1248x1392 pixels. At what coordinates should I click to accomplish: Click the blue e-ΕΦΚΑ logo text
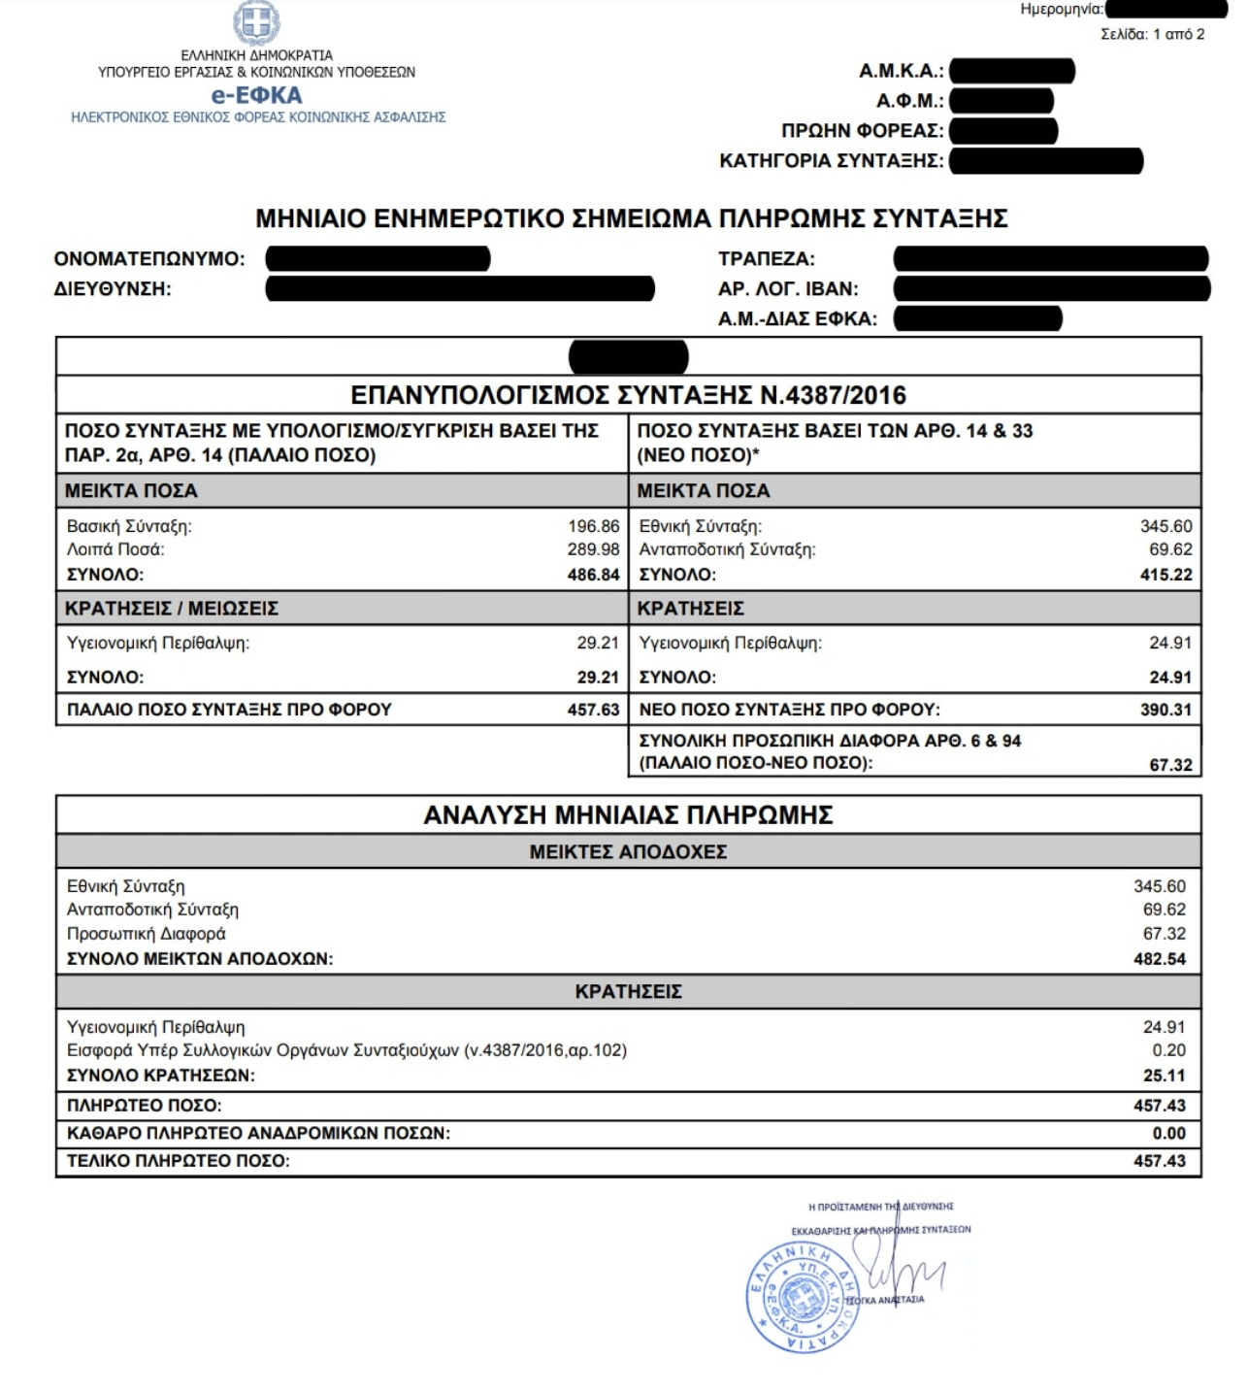tap(257, 95)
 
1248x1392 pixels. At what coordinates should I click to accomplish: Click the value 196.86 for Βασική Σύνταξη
tap(593, 526)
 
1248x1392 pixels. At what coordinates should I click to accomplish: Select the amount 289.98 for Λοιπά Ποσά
tap(593, 549)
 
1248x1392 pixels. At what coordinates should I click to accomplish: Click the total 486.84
tap(593, 575)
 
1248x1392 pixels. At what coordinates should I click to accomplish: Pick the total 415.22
tap(1166, 575)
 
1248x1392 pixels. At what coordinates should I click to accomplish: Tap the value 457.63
tap(593, 710)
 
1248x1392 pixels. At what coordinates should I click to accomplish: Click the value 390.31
tap(1166, 710)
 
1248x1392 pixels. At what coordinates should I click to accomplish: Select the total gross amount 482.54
tap(1160, 959)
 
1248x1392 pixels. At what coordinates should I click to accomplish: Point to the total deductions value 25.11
tap(1165, 1076)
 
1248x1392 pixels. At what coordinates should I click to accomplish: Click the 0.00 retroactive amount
tap(1168, 1134)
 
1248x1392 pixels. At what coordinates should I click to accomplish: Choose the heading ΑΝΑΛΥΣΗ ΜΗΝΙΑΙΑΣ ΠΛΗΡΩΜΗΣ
tap(628, 814)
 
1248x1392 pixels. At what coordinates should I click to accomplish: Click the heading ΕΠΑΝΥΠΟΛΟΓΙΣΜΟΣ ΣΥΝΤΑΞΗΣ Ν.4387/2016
tap(628, 395)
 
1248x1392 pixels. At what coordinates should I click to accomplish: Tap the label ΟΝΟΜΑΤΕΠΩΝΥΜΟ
tap(149, 259)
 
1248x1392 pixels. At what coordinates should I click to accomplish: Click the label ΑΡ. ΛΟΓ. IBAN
tap(788, 289)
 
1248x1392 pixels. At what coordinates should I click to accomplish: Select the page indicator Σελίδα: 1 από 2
tap(1152, 34)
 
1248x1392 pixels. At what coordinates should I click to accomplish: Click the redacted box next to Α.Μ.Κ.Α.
tap(1012, 71)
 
